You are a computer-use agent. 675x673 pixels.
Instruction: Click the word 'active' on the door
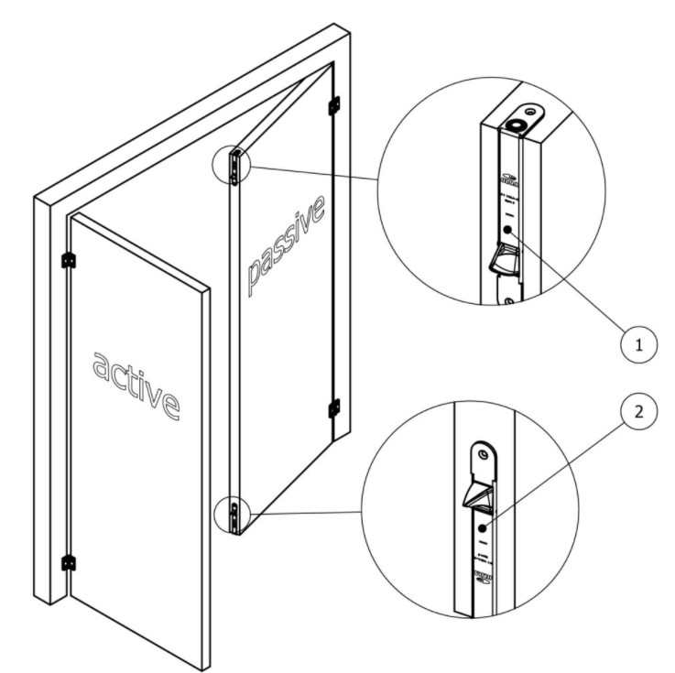click(136, 379)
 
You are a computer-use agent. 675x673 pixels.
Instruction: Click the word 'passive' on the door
click(286, 246)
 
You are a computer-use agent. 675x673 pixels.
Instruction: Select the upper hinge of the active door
click(67, 261)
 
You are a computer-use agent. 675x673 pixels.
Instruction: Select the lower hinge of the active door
click(67, 562)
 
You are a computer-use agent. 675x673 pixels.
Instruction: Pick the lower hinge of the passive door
click(333, 405)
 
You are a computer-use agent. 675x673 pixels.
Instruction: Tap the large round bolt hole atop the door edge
click(519, 120)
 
